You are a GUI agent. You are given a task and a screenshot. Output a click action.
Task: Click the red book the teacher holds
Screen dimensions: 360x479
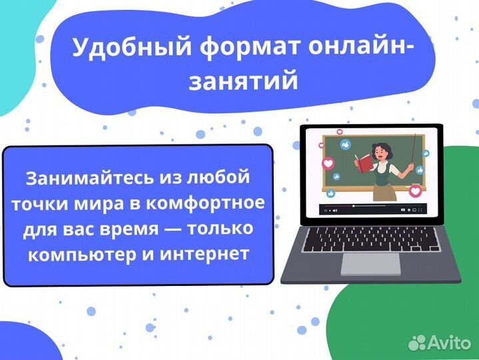tap(363, 161)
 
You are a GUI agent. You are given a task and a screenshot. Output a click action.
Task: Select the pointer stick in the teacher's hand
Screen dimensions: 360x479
tap(416, 151)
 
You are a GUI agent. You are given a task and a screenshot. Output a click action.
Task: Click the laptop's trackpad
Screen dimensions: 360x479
tap(371, 263)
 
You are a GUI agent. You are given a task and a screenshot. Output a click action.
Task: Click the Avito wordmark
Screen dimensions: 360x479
tap(450, 343)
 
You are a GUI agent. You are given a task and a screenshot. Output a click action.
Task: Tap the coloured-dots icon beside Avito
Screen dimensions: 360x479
tap(417, 343)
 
